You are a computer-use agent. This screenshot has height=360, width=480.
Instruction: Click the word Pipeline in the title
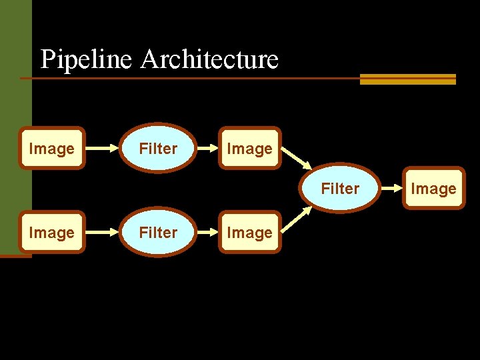(x=87, y=59)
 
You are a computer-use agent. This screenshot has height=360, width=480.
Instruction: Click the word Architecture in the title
(x=209, y=59)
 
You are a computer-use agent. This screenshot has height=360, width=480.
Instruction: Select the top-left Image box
(x=51, y=148)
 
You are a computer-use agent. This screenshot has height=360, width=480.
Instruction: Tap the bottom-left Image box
(x=51, y=232)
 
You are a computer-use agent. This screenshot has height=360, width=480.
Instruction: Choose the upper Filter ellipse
(x=158, y=148)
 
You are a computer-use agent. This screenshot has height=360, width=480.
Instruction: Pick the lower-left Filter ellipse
(x=158, y=232)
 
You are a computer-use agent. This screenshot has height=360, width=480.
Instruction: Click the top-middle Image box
(x=249, y=148)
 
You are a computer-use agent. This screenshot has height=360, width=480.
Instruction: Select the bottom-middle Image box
(x=249, y=232)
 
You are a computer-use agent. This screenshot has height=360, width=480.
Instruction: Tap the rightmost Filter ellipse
(x=340, y=188)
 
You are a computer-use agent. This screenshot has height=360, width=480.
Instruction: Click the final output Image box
(x=433, y=188)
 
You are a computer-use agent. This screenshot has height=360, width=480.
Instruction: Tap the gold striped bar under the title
(x=407, y=79)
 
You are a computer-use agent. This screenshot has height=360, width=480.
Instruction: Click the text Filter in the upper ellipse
(x=158, y=149)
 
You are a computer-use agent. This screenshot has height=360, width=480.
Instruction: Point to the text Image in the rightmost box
(x=433, y=189)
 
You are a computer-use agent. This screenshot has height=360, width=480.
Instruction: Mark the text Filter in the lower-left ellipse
(x=158, y=233)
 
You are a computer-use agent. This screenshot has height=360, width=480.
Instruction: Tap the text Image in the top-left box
(x=51, y=149)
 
